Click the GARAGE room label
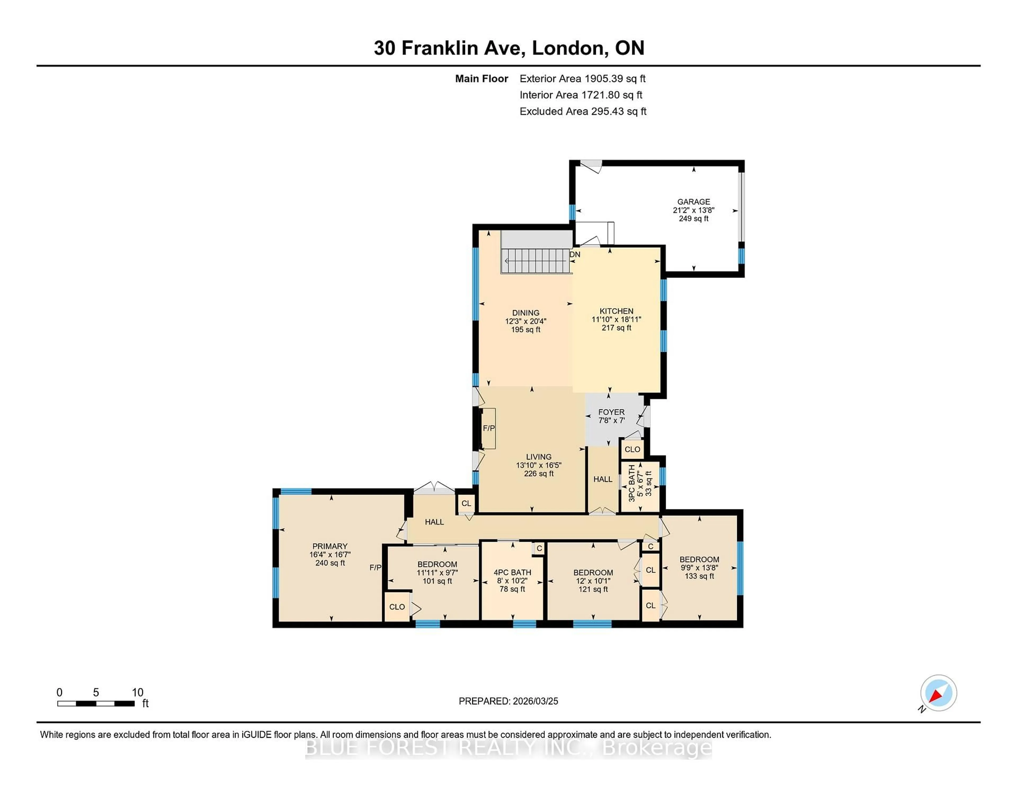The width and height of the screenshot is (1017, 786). click(693, 202)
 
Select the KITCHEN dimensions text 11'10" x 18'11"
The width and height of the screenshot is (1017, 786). click(616, 319)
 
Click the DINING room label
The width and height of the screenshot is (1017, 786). click(526, 313)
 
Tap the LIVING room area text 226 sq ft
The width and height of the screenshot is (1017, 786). click(539, 474)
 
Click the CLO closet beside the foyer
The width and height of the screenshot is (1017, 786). click(632, 449)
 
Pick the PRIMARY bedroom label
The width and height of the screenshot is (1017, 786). click(330, 546)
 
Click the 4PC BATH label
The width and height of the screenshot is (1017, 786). click(512, 572)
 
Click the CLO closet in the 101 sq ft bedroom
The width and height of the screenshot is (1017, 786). click(397, 607)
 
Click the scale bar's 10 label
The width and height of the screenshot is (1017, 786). click(137, 693)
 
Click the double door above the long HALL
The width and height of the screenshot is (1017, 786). click(434, 488)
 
